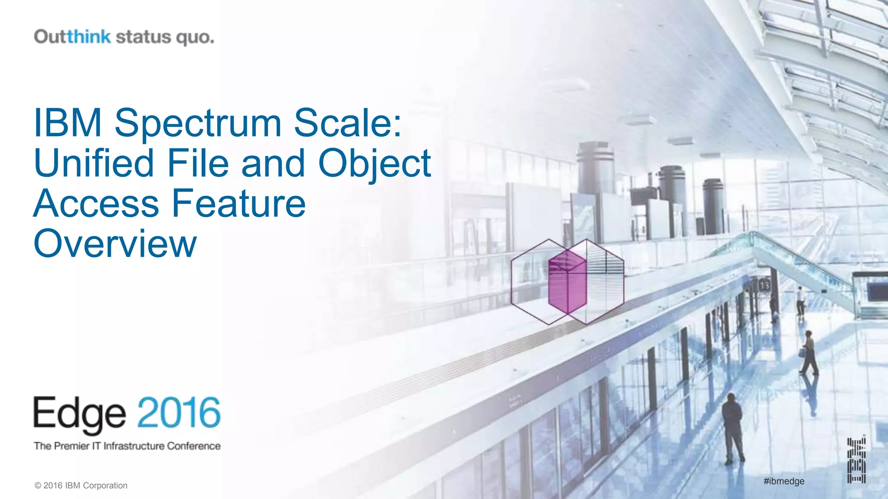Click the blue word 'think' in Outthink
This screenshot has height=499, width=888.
[x=89, y=37]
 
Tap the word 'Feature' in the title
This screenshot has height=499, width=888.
[x=239, y=203]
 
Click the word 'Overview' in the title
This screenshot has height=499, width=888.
[x=115, y=244]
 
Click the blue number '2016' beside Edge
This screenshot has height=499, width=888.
[x=179, y=412]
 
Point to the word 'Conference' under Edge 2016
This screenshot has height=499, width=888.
[x=194, y=446]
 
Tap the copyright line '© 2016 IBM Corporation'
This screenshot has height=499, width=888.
[x=81, y=486]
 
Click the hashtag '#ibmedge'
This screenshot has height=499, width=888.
[x=784, y=481]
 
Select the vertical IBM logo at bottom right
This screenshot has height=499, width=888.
[x=856, y=460]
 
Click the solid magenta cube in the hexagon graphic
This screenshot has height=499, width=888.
[x=567, y=282]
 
